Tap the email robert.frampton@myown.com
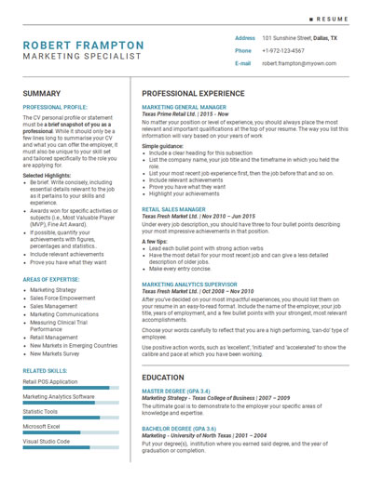pos(297,63)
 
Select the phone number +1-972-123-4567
pos(282,50)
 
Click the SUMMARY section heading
pos(42,94)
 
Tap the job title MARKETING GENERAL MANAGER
pos(184,108)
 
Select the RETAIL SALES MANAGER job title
pos(173,209)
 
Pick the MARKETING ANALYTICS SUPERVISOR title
pos(189,284)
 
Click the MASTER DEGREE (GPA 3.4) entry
pos(175,392)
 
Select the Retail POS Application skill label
pos(50,381)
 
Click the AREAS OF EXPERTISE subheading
pos(50,279)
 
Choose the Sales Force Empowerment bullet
pos(62,299)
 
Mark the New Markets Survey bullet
pos(58,353)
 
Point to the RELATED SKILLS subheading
pos(45,370)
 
